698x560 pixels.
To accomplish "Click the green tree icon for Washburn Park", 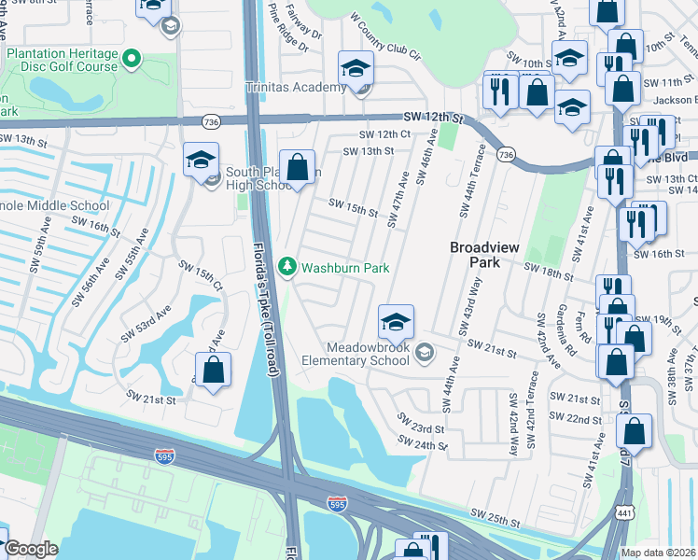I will [x=288, y=268].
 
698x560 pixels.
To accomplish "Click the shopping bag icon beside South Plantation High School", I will [x=298, y=169].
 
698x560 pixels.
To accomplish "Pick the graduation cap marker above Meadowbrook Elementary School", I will [x=396, y=322].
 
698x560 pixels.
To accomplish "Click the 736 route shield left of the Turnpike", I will [x=212, y=121].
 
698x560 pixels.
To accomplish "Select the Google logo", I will [x=31, y=549].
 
